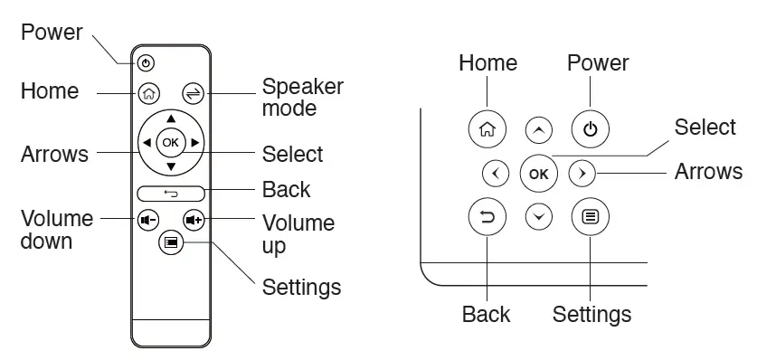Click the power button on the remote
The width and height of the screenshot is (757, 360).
pos(147,63)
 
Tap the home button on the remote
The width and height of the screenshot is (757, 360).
pos(148,92)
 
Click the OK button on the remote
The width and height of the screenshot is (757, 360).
pos(171,142)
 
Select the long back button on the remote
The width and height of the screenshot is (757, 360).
pos(171,193)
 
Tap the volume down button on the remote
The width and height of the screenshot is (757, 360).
pos(147,219)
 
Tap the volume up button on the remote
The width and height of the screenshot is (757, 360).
pos(193,219)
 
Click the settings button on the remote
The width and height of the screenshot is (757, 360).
pos(171,242)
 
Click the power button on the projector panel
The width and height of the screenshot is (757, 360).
pos(590,128)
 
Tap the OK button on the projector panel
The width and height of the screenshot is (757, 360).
pos(538,172)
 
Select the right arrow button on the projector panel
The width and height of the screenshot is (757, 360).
pos(582,172)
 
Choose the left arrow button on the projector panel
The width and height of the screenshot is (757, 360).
pos(495,172)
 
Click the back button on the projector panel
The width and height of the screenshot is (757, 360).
pos(487,217)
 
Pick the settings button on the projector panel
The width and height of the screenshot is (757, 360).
pos(590,217)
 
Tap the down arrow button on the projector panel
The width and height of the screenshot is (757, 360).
pos(539,217)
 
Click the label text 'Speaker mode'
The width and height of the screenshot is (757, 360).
pos(302,98)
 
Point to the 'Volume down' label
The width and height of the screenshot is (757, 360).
pos(56,230)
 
